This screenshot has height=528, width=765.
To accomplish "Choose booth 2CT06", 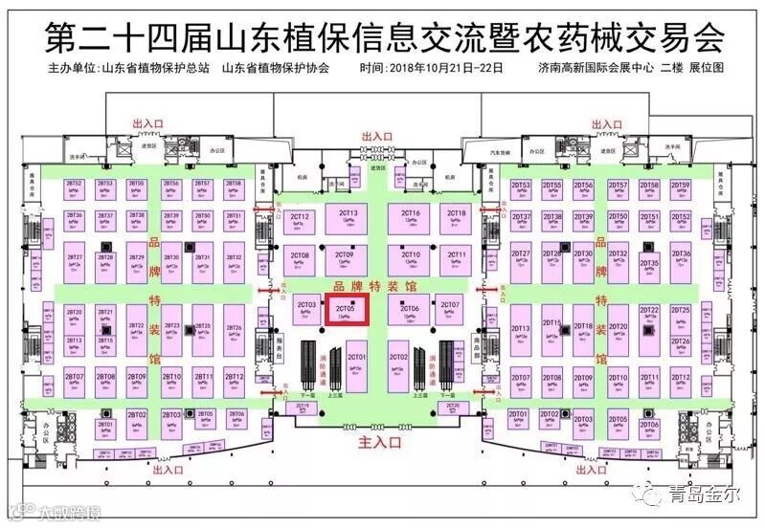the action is (x=410, y=311).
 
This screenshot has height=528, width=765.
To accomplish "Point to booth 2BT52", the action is (x=75, y=186).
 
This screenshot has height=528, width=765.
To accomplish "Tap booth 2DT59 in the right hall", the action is (x=681, y=187).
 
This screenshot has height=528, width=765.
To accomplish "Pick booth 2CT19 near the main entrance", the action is (x=304, y=407).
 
